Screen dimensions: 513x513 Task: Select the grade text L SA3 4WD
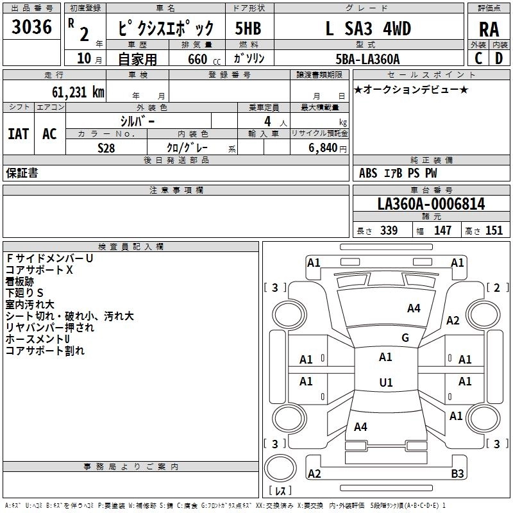click(368, 29)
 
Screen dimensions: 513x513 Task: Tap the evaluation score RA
click(489, 29)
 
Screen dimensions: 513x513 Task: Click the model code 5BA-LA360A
click(367, 59)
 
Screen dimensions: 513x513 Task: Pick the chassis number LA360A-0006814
click(431, 205)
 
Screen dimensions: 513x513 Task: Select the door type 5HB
click(248, 29)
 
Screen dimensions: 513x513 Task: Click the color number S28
click(106, 147)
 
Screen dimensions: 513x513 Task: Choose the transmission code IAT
click(18, 134)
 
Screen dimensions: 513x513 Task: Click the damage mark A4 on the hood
click(414, 308)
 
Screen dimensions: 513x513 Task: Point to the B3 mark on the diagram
click(457, 474)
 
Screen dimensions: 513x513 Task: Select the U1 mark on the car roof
click(385, 383)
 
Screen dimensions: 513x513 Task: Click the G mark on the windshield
click(405, 337)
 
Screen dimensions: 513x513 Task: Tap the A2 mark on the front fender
click(453, 321)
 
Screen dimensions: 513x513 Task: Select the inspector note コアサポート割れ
click(45, 351)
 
